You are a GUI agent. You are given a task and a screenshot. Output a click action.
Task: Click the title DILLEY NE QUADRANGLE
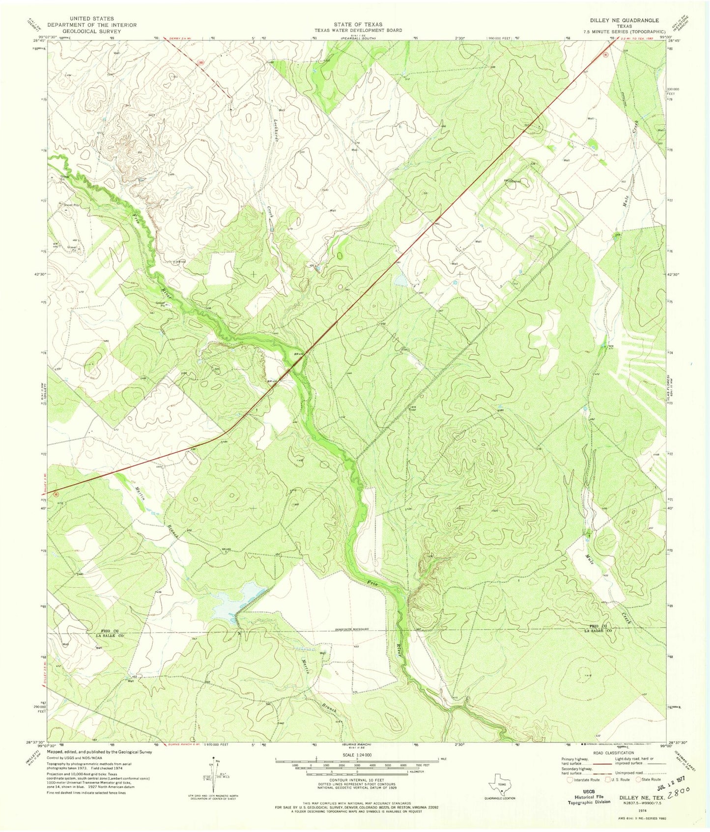624,20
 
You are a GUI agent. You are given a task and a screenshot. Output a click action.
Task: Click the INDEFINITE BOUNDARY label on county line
352,630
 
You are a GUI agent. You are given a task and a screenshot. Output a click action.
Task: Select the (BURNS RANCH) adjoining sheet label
349,743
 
